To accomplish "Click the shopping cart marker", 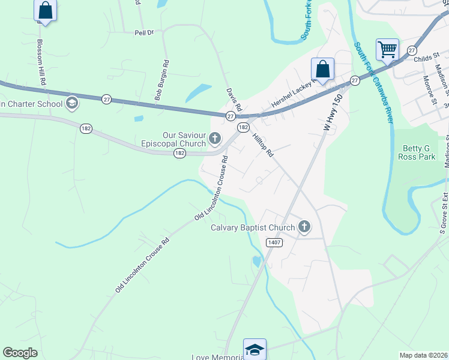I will coord(387,50).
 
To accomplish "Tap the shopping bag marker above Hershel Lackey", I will coord(322,69).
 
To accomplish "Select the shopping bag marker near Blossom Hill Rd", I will coord(45,10).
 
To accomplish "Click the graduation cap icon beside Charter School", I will coord(72,103).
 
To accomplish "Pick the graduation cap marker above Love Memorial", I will coord(255,349).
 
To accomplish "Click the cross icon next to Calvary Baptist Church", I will coord(304,227).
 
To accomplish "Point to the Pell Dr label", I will coord(144,32).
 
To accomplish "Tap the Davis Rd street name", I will coord(234,100).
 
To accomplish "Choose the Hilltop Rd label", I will coord(263,145).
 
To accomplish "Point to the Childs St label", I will coord(427,59).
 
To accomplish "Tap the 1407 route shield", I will coord(274,241).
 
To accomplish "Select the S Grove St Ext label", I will coord(444,214).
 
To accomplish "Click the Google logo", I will coord(20,353).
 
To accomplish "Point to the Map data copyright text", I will coord(423,355).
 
